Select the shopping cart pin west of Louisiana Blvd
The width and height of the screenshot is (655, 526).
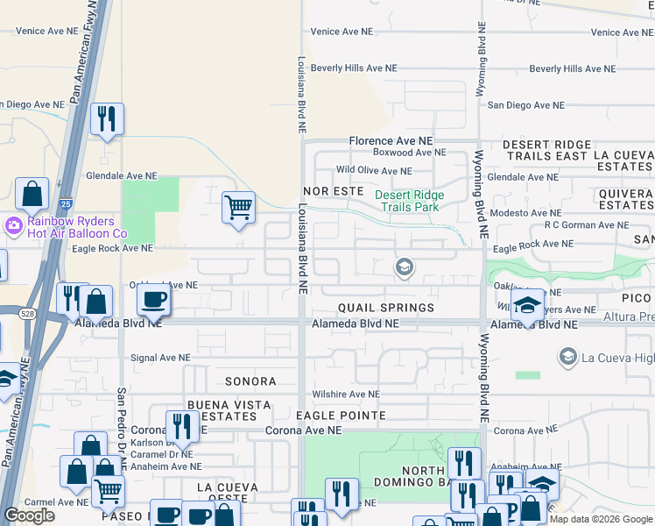(x=238, y=208)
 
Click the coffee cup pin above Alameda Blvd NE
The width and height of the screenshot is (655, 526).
(x=154, y=300)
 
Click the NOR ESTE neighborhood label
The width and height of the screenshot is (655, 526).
(x=332, y=190)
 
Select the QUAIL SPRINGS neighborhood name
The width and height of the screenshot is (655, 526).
(x=386, y=308)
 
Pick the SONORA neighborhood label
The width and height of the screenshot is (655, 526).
(x=250, y=381)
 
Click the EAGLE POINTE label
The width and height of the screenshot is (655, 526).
(x=341, y=415)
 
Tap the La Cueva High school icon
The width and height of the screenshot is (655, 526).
(x=567, y=356)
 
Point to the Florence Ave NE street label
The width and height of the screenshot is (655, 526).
(x=391, y=140)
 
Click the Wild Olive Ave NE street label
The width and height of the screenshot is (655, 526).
(x=374, y=171)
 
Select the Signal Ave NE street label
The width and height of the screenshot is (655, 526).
(x=159, y=358)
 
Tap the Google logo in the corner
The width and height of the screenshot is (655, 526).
(x=30, y=515)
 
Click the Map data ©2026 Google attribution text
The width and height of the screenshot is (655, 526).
(x=600, y=519)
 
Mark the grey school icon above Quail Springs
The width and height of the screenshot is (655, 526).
(x=404, y=267)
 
